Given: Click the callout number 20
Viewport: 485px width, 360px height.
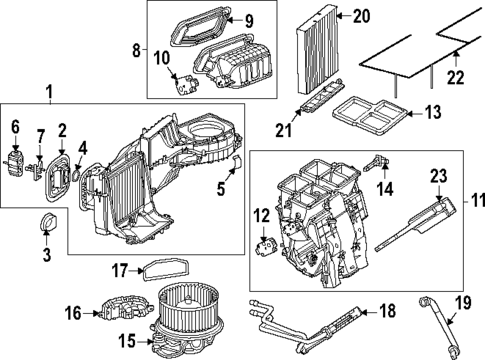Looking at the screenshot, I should (x=361, y=15).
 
